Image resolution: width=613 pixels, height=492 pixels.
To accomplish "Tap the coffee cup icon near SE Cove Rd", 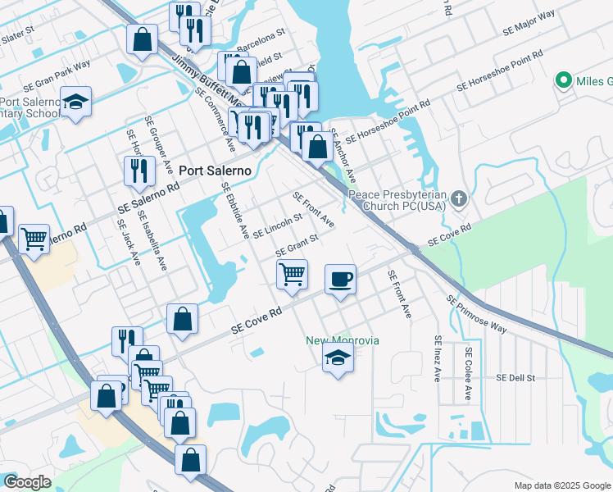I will pyautogui.click(x=340, y=279).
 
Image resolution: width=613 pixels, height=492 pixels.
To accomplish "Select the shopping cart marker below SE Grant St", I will pyautogui.click(x=292, y=274).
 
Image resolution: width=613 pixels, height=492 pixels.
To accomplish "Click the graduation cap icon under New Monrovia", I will pyautogui.click(x=337, y=358).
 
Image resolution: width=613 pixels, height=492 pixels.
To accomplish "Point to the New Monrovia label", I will pyautogui.click(x=343, y=340).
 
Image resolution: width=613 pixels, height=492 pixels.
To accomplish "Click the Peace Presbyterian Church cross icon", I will pyautogui.click(x=459, y=198).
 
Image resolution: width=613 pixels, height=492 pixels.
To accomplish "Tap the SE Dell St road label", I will pyautogui.click(x=515, y=378).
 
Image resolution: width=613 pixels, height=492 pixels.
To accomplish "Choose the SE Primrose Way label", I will pyautogui.click(x=476, y=316).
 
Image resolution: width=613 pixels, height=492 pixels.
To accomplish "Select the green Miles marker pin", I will pyautogui.click(x=563, y=80).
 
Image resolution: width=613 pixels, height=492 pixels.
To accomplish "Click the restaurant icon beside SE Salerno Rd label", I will pyautogui.click(x=139, y=171).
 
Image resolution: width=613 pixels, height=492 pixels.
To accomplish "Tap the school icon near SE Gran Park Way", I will pyautogui.click(x=75, y=102).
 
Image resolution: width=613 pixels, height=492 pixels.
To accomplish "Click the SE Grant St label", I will pyautogui.click(x=297, y=244).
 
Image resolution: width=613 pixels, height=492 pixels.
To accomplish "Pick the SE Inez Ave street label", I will pyautogui.click(x=438, y=359).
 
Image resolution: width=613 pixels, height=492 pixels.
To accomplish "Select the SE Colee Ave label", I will pyautogui.click(x=468, y=373).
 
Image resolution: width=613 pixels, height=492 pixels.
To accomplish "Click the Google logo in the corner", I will pyautogui.click(x=26, y=482).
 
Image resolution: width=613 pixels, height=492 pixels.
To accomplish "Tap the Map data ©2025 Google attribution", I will pyautogui.click(x=561, y=485).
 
